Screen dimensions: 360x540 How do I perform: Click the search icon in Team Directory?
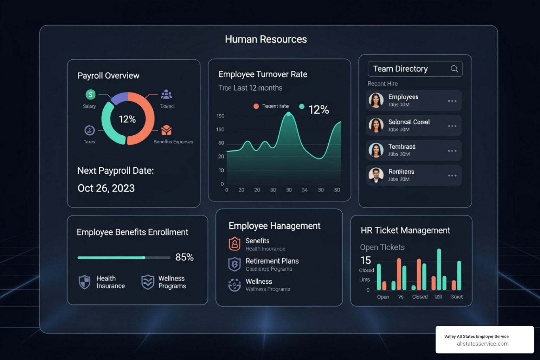pyautogui.click(x=454, y=69)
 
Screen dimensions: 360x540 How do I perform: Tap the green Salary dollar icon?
pyautogui.click(x=90, y=94)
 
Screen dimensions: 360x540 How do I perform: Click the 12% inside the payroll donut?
pyautogui.click(x=127, y=119)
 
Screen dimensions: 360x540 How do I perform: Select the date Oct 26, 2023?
pyautogui.click(x=106, y=188)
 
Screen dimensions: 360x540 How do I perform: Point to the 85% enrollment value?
pyautogui.click(x=184, y=257)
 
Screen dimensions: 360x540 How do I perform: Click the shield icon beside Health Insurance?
pyautogui.click(x=84, y=282)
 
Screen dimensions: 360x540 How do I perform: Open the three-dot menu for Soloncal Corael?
pyautogui.click(x=452, y=126)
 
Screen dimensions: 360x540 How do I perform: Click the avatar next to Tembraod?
pyautogui.click(x=376, y=150)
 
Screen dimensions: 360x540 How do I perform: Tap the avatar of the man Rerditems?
pyautogui.click(x=376, y=175)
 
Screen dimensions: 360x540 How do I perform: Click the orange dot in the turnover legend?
pyautogui.click(x=256, y=106)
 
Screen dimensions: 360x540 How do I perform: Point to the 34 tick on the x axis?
pyautogui.click(x=304, y=190)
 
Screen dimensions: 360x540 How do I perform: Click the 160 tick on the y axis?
pyautogui.click(x=220, y=129)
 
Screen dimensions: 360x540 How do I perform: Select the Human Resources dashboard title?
pyautogui.click(x=266, y=39)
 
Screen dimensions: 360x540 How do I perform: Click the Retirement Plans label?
pyautogui.click(x=272, y=261)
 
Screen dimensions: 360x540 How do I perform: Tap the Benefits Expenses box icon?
pyautogui.click(x=166, y=130)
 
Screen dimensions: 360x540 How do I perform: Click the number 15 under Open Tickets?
pyautogui.click(x=366, y=260)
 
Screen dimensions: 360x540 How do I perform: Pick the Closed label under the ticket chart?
pyautogui.click(x=420, y=297)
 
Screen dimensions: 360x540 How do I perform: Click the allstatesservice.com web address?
pyautogui.click(x=483, y=344)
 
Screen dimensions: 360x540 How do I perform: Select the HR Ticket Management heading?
pyautogui.click(x=405, y=230)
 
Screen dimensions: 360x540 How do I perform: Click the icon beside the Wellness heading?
pyautogui.click(x=234, y=285)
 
